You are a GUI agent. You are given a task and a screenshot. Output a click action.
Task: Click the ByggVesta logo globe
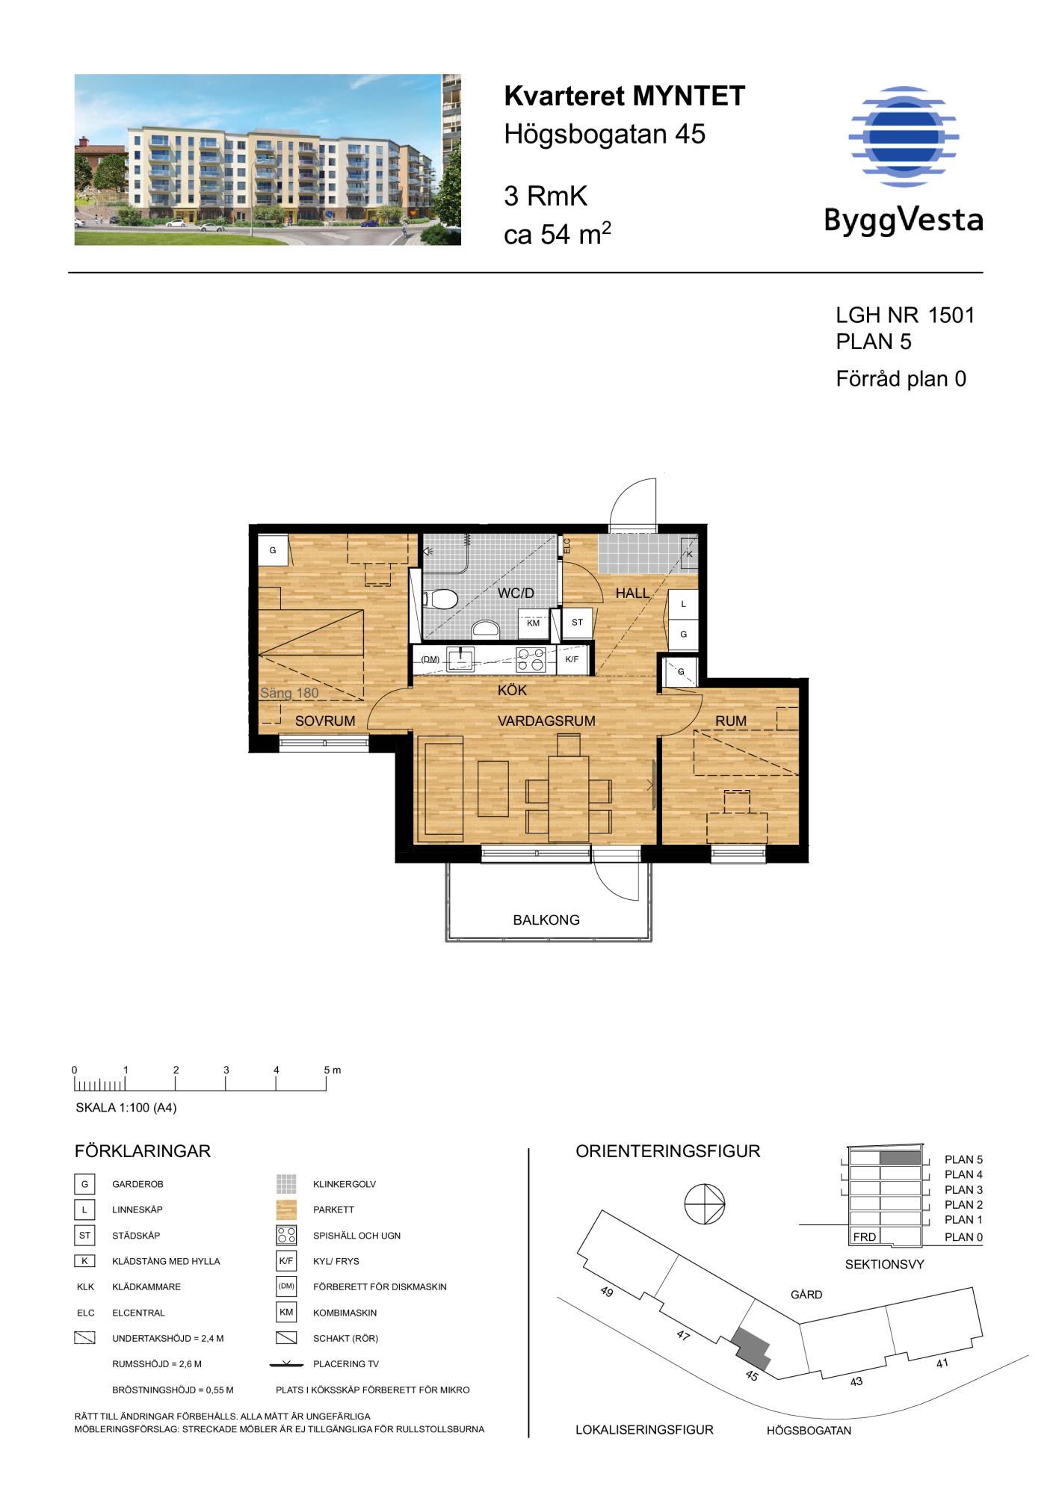coord(904,136)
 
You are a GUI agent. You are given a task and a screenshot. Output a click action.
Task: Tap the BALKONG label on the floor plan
coord(546,920)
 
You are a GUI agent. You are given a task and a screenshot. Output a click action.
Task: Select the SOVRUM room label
coord(325,721)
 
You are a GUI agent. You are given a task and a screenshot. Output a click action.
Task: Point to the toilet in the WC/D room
coord(441,599)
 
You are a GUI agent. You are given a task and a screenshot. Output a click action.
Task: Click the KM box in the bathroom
coord(534,623)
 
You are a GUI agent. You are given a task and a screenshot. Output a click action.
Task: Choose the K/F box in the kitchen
coord(572,659)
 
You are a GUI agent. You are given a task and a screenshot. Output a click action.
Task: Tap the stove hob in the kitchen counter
coord(531,659)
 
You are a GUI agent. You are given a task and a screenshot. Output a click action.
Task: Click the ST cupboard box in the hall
coord(577,622)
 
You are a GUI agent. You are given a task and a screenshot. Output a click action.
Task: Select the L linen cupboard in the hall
coord(683,604)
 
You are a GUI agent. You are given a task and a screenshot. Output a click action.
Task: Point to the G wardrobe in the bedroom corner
coord(273,551)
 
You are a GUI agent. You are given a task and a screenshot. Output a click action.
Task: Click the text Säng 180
coord(289,693)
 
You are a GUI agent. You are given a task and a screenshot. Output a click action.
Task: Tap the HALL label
coord(632,594)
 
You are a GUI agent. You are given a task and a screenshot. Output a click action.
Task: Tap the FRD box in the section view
coord(865,1236)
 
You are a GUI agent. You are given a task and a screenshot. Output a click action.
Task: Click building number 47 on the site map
coord(683,1334)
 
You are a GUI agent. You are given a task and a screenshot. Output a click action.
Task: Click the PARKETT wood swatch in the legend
coord(286,1209)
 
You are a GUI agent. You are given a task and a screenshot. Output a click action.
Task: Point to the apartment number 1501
coord(951,315)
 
